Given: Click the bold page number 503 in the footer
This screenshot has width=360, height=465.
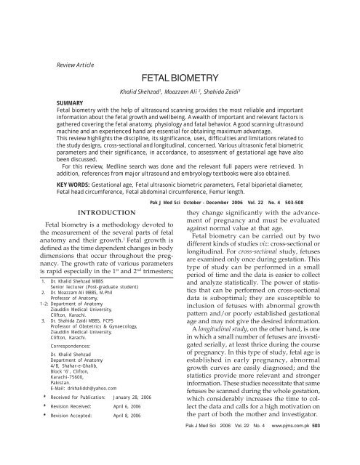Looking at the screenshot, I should point(351,455).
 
